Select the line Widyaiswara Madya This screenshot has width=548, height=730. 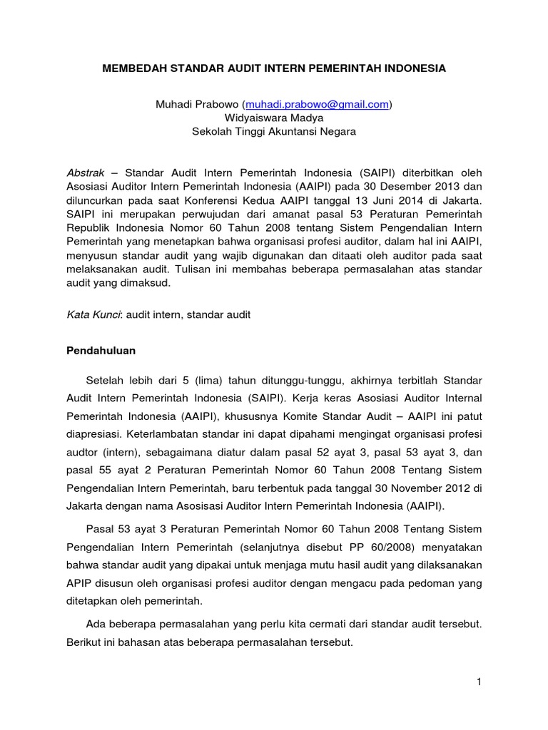[273, 118]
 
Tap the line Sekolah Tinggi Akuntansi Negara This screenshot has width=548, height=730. [273, 131]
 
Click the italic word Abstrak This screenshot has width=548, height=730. [85, 173]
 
